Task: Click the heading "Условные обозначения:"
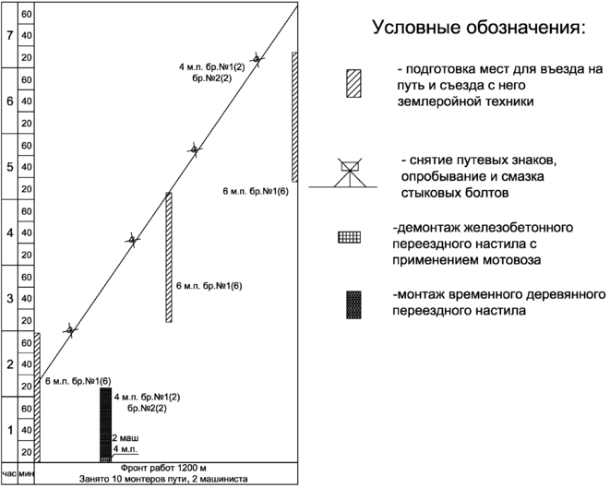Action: coord(477,28)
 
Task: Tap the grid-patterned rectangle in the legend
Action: coord(350,236)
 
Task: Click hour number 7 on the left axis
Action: coord(9,36)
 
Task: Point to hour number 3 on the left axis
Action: coord(9,299)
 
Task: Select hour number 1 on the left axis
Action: coord(9,430)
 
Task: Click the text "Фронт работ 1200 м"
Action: coord(166,467)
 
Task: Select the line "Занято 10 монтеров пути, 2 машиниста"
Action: coord(166,479)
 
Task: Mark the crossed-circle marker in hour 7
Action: coord(257,59)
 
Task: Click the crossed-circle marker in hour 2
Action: coord(69,329)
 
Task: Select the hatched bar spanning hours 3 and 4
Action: coord(169,257)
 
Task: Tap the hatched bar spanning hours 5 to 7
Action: coord(294,116)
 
